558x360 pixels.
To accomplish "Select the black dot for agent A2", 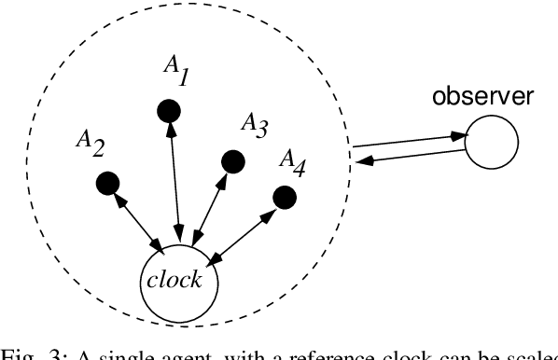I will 107,181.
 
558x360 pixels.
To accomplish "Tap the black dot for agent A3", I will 228,161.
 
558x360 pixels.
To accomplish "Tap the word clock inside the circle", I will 178,281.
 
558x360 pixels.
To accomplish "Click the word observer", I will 477,96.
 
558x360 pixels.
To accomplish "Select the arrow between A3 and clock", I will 207,201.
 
